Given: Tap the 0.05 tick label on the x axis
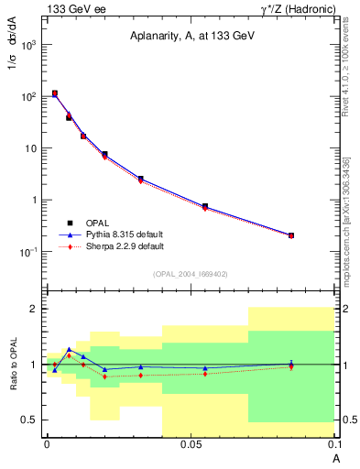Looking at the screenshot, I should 191,444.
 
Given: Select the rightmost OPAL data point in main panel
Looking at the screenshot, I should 291,235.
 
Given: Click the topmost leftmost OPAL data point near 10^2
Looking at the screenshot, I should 55,93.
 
